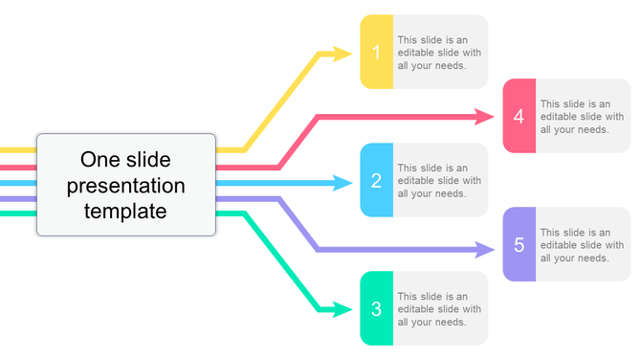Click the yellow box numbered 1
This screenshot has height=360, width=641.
(x=376, y=53)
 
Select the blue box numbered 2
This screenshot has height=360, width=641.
(x=376, y=180)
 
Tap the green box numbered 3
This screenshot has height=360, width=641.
(x=376, y=309)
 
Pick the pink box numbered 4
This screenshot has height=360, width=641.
(x=519, y=117)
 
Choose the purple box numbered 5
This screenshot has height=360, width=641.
(x=519, y=245)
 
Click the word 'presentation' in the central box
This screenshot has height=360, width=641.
(x=126, y=185)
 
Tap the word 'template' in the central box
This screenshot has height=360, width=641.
(x=126, y=211)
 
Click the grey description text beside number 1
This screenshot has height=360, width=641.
(x=439, y=53)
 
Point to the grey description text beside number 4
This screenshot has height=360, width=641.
(x=582, y=117)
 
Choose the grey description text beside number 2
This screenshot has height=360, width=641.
(x=439, y=180)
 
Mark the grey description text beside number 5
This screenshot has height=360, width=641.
(x=582, y=245)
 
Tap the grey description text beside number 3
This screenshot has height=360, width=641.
(x=439, y=309)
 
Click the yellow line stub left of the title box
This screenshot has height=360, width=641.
(x=17, y=150)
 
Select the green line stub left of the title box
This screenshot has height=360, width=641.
(x=17, y=214)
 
